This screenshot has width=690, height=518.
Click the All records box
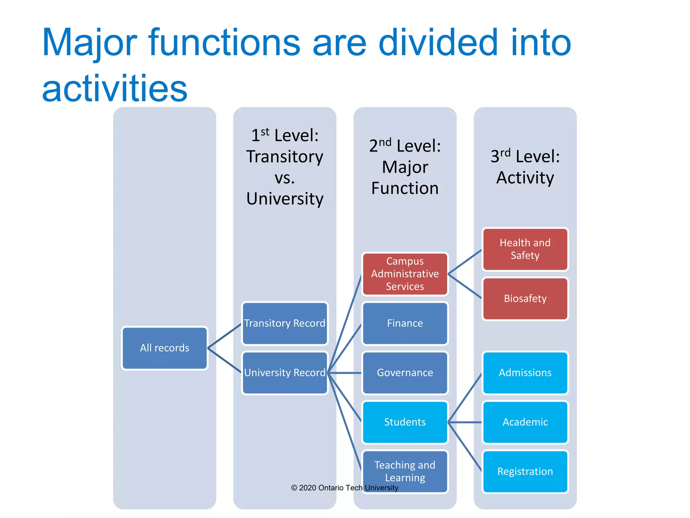(x=164, y=348)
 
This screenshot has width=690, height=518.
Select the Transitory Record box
(x=285, y=323)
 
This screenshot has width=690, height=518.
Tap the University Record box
(x=285, y=373)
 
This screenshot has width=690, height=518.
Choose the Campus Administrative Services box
(x=405, y=274)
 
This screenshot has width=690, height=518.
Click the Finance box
(x=405, y=323)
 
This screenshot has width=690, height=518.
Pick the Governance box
(x=405, y=373)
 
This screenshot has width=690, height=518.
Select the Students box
(x=405, y=422)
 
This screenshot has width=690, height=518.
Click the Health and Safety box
(x=525, y=249)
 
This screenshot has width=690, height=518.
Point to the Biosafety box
(x=525, y=298)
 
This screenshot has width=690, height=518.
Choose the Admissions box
(x=525, y=373)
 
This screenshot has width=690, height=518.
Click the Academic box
(x=525, y=422)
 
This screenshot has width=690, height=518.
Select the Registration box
(x=525, y=471)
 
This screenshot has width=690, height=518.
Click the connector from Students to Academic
(x=465, y=422)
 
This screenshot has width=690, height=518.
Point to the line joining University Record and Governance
(x=345, y=373)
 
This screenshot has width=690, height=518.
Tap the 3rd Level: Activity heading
(x=525, y=167)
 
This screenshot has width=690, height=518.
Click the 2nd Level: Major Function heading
(x=405, y=167)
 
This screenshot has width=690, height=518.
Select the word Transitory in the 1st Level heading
(x=285, y=157)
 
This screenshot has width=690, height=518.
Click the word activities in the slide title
(x=115, y=88)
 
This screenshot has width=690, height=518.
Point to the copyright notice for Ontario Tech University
(x=344, y=488)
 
